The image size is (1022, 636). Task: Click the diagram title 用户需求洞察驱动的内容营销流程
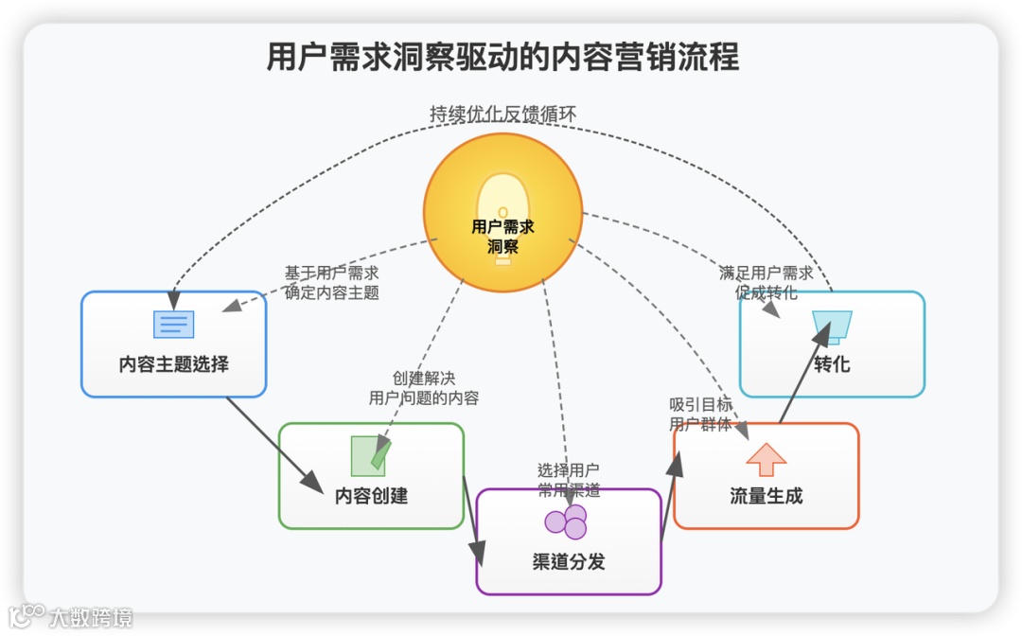click(502, 57)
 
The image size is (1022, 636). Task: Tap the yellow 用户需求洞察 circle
click(502, 213)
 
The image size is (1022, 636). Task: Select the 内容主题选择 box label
click(174, 363)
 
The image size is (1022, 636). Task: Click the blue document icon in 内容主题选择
click(174, 325)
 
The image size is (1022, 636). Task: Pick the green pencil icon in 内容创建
click(370, 455)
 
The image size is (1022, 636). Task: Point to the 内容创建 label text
click(371, 495)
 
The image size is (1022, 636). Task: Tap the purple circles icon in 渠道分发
click(566, 521)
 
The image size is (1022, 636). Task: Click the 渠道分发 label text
click(568, 561)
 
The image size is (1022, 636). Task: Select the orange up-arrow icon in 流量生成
click(766, 459)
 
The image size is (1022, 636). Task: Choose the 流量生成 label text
click(766, 495)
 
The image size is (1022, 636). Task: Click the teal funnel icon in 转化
click(832, 326)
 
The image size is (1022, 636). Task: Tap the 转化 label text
click(832, 363)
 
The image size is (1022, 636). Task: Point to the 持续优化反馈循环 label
click(502, 114)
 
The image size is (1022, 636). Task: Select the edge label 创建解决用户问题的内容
click(424, 388)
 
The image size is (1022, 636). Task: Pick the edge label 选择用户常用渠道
click(568, 479)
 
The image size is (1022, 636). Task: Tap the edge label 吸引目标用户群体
click(700, 415)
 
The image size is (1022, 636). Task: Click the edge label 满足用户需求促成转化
click(766, 282)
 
